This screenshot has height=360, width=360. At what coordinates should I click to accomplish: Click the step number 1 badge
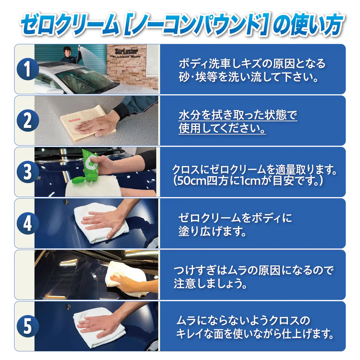28,69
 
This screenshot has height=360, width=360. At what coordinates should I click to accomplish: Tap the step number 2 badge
28,120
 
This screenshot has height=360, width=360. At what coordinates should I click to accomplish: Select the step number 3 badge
28,172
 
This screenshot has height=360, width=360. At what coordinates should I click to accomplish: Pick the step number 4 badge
28,223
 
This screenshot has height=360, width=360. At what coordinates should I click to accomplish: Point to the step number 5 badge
28,326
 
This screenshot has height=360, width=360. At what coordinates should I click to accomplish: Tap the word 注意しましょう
210,284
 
